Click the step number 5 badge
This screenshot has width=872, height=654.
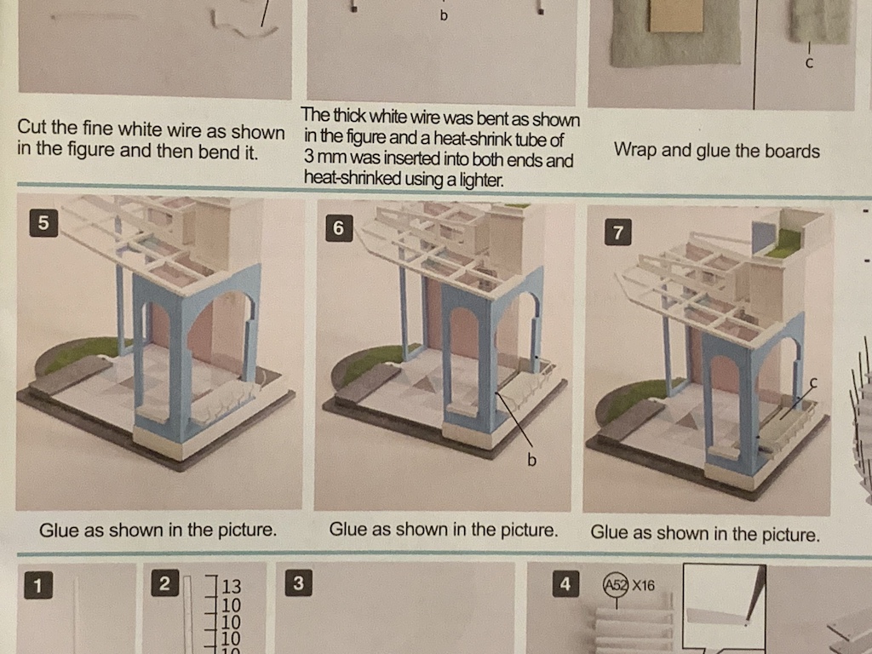(x=43, y=222)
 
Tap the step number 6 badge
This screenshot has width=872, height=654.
(x=339, y=228)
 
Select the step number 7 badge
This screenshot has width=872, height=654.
(x=618, y=232)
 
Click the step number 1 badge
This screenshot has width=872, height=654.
(x=37, y=585)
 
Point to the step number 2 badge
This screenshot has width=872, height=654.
(x=164, y=583)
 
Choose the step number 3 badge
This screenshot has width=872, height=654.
(x=298, y=582)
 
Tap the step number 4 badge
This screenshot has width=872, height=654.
(x=565, y=584)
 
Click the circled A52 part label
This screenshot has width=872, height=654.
(x=616, y=585)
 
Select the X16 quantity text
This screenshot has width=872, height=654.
(x=644, y=586)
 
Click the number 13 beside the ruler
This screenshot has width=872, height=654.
(x=232, y=587)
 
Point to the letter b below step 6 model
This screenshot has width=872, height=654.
(x=531, y=460)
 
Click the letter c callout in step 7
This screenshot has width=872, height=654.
(x=813, y=382)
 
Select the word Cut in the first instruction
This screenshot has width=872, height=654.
(x=32, y=127)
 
